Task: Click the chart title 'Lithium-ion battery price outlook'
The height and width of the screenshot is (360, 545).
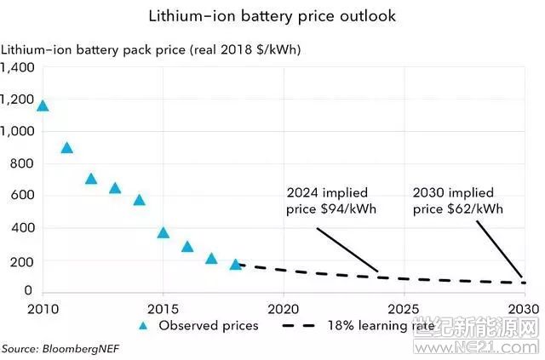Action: pos(272,16)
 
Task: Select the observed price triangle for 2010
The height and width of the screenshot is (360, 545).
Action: pos(43,106)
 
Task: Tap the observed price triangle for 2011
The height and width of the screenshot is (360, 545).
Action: pos(66,147)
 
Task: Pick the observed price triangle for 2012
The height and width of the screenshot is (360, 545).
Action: pos(91,179)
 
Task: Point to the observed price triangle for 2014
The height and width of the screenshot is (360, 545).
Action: pos(139,200)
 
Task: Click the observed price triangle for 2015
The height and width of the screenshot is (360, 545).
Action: pos(163,232)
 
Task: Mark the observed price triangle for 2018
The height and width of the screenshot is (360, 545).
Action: pos(236,264)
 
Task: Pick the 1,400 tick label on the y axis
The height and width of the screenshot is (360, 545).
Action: pos(17,67)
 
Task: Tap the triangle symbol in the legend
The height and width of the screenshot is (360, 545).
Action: pos(144,325)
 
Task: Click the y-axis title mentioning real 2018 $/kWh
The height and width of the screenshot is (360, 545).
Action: pos(151,49)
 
